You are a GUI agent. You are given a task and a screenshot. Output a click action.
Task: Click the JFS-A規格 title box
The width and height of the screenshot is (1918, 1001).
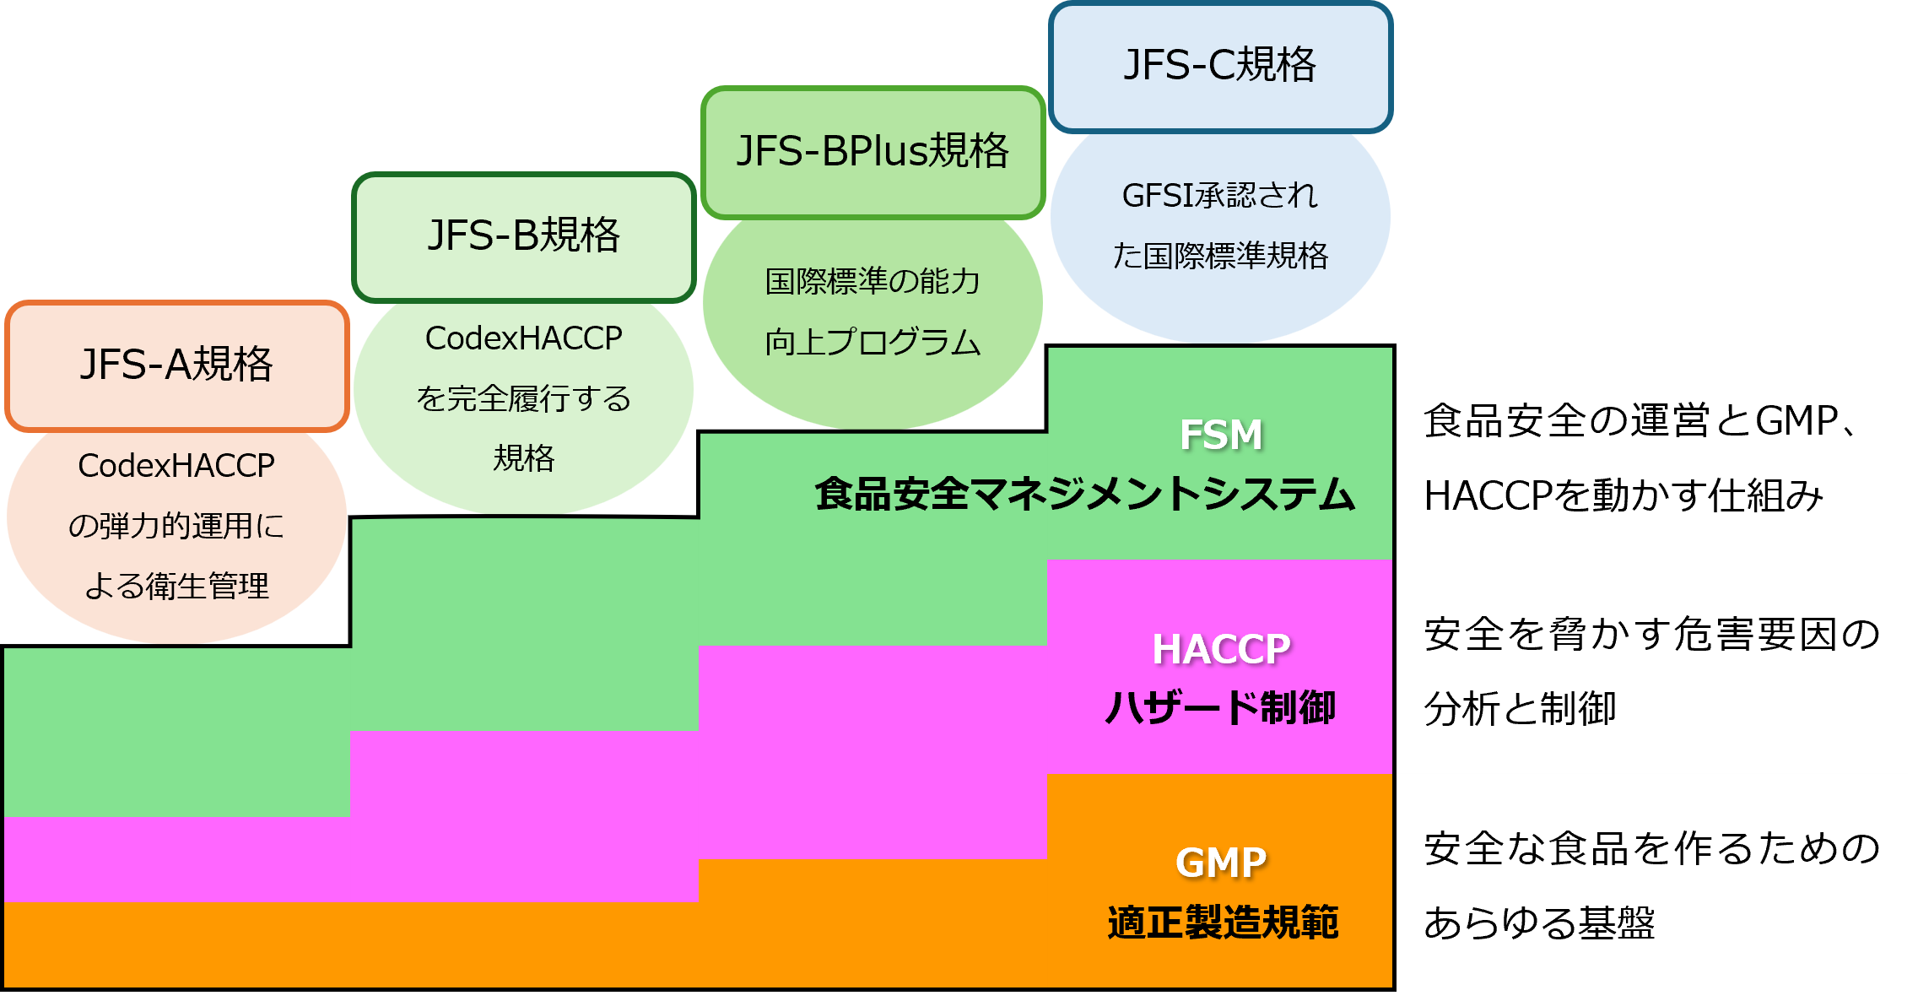click(176, 365)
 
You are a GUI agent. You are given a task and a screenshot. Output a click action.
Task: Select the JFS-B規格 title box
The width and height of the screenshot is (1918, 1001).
click(523, 235)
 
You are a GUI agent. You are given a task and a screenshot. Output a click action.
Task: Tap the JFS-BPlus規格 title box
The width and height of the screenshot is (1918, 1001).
click(873, 151)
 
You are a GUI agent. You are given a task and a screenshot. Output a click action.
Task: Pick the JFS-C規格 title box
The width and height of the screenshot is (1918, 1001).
click(1219, 65)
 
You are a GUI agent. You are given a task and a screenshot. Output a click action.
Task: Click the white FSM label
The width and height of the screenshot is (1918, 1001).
click(1220, 435)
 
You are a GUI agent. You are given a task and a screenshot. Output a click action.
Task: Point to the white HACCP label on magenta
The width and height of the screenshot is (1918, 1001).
click(1220, 649)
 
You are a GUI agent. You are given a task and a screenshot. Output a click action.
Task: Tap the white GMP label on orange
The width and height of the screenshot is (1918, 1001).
click(1220, 863)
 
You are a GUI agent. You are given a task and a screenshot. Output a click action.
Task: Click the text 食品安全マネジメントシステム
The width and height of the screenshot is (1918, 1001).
click(1084, 495)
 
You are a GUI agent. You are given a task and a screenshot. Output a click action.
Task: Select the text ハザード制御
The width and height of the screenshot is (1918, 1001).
click(1220, 707)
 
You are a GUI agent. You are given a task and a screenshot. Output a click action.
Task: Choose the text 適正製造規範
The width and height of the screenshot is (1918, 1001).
click(1222, 922)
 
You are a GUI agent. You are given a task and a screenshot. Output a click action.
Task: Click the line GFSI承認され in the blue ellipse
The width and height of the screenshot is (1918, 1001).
click(1219, 196)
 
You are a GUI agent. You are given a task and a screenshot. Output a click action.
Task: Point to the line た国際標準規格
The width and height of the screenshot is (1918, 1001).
click(1219, 256)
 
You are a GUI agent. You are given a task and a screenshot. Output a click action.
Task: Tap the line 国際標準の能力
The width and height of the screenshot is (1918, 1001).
click(873, 282)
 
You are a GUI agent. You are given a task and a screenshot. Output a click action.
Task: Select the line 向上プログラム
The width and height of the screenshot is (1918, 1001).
click(873, 343)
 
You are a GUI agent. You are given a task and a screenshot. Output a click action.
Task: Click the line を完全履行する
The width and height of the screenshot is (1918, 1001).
click(523, 398)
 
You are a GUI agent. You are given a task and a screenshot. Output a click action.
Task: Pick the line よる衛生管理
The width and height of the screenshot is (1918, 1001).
click(176, 586)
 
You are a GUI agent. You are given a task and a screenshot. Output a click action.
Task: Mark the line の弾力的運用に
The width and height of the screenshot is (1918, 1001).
click(176, 526)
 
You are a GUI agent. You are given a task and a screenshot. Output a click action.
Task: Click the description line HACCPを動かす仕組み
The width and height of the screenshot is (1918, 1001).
click(1624, 496)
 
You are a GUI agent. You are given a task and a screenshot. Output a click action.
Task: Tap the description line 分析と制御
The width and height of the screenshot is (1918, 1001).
click(1520, 709)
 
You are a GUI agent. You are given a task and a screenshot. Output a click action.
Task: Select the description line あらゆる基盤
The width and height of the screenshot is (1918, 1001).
click(1539, 923)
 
